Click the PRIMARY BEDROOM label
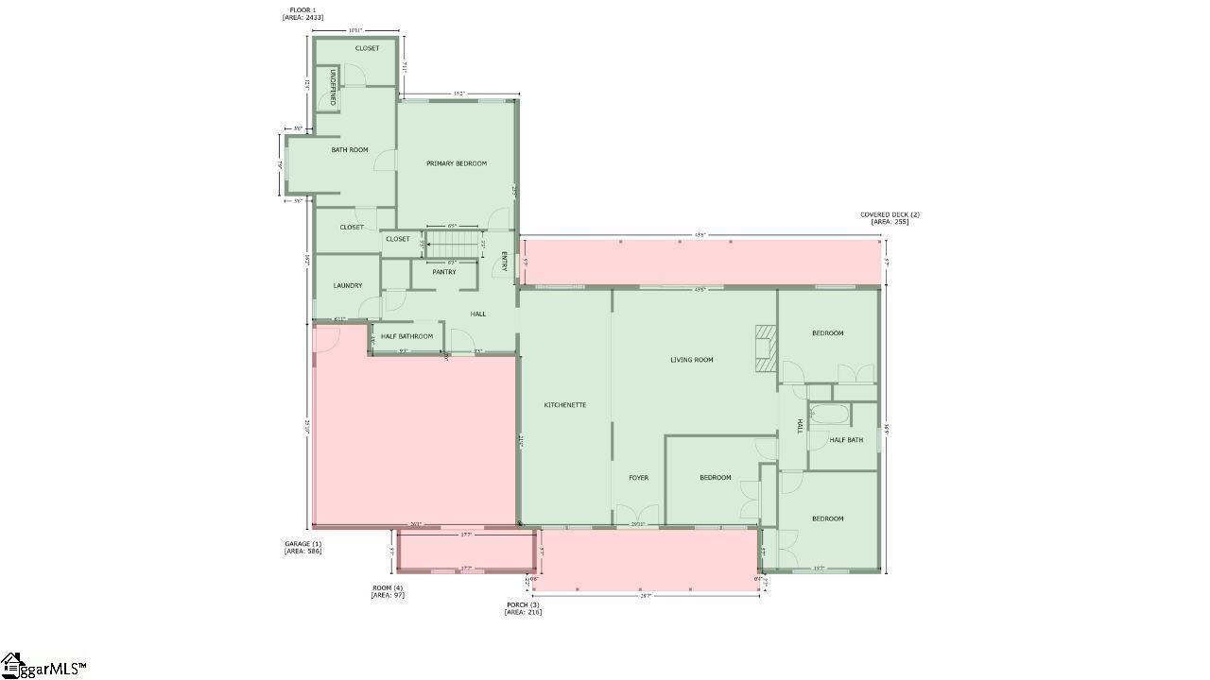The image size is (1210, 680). pos(457,163)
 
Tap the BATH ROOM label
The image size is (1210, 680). pos(350,150)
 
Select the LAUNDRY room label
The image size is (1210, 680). pos(348,285)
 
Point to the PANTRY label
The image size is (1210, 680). pos(444,272)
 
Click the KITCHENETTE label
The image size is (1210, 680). pos(565,405)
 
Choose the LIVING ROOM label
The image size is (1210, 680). pos(692,360)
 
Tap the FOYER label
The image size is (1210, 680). pos(639,478)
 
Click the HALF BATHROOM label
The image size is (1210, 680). pos(407,336)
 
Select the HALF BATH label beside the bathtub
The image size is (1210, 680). pos(846,440)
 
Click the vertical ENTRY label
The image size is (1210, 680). pos(504,261)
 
